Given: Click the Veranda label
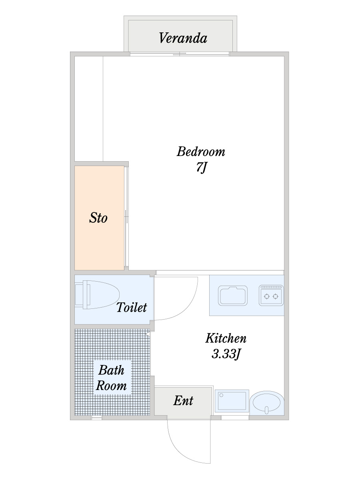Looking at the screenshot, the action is point(183,38).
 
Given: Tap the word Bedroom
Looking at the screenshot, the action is point(201,152).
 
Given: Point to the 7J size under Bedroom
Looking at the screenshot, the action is point(201,168).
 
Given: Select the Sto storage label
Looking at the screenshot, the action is point(98,218).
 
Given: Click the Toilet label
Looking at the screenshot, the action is point(132,307).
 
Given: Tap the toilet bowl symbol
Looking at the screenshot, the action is point(97,294).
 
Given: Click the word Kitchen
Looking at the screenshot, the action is point(226,338).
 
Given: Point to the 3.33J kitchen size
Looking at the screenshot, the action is point(226,354).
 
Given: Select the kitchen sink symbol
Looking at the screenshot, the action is point(233,296).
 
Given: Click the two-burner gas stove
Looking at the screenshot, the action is point(271,295).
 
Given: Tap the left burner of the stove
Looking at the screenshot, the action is point(267,296).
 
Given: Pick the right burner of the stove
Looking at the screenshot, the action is point(276,296).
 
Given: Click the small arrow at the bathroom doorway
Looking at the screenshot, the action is point(148,334).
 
